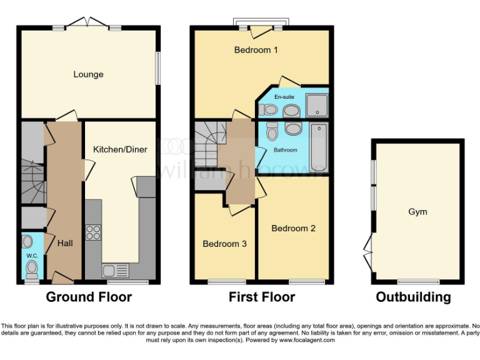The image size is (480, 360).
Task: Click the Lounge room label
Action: pos(88,74)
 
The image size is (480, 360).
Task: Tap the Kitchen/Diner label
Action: pos(119,149)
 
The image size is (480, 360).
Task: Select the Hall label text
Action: pos(65,243)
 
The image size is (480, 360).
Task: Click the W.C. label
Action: pos(31,255)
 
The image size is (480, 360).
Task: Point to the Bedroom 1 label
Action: pos(256,50)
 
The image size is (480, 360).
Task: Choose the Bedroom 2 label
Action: pos(293,228)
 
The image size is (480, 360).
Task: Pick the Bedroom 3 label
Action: pos(224,244)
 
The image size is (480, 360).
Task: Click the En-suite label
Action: pos(284,97)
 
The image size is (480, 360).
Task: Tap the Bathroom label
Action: pos(284,151)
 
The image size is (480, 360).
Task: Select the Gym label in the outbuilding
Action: pos(417,211)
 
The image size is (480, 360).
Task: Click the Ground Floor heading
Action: pos(89,297)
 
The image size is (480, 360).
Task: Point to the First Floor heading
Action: pos(261,297)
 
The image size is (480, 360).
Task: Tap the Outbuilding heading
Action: pos(413,297)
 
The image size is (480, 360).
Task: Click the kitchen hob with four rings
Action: pos(93,232)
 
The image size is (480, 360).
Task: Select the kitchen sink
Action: pos(115,271)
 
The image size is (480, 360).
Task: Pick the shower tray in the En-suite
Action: pos(317,104)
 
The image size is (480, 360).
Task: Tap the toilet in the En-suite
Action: pos(269,110)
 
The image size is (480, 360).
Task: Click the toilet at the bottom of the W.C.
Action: pos(31,269)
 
